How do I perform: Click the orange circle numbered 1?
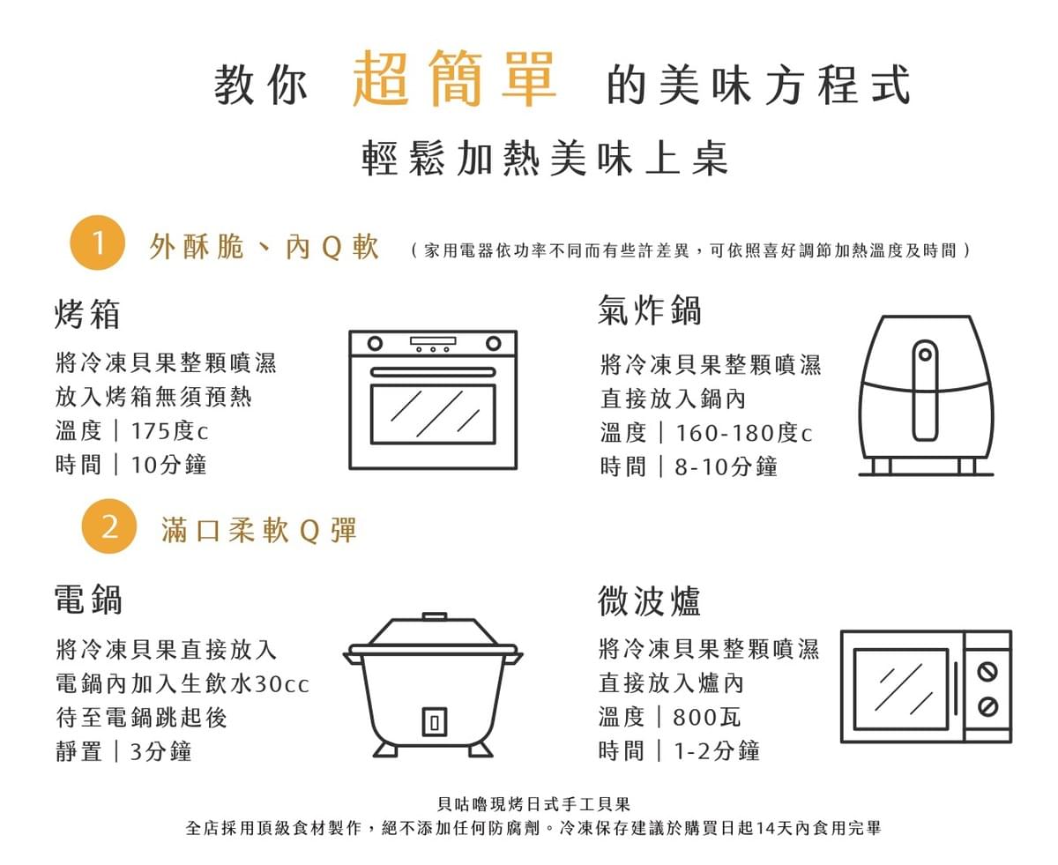point(97,242)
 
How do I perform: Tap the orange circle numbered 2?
point(108,526)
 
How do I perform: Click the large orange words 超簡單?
point(454,78)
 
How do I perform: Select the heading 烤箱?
point(87,314)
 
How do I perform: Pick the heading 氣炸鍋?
point(649,310)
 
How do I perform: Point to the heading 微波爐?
point(649,600)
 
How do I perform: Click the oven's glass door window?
point(433,414)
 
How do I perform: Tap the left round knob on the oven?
point(375,344)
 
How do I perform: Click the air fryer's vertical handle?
point(925,391)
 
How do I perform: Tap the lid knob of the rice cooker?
point(435,616)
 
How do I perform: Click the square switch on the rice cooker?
point(435,722)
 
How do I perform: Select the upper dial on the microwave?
point(987,672)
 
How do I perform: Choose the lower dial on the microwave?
point(987,707)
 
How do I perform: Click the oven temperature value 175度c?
point(169,430)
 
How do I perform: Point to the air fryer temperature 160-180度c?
point(744,433)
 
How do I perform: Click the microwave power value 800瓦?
point(706,717)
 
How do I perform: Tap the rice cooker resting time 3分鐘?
point(160,751)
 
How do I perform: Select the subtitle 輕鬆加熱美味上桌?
point(545,158)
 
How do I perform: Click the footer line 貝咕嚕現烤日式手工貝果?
point(533,804)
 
